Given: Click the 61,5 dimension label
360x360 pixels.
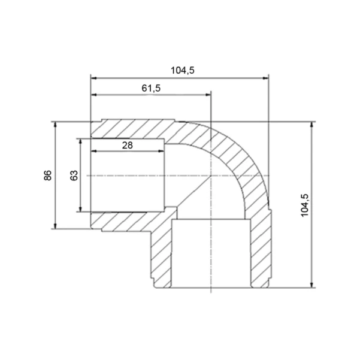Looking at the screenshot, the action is (151, 88).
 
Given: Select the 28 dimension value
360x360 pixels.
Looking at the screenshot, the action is (128, 146).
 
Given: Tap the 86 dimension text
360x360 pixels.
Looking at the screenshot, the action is (48, 176).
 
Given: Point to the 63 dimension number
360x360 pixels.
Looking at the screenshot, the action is (74, 176).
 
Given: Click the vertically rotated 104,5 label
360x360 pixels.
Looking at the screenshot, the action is (305, 205).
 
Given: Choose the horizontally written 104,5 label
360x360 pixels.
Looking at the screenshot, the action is (183, 70).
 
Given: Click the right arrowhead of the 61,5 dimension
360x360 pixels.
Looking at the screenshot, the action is (208, 95).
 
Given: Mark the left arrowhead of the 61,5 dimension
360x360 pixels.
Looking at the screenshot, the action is (94, 95).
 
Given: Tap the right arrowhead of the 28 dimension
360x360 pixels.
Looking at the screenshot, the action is (161, 151).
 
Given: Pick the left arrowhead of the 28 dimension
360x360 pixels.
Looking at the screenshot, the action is (94, 151).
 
